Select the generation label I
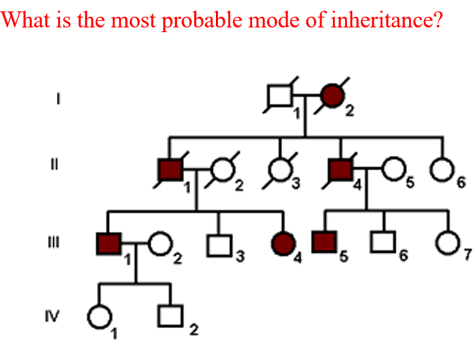tap(59, 99)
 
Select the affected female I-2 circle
tap(334, 97)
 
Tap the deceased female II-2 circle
tap(222, 172)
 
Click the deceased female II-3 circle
tap(279, 172)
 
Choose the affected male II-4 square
tap(340, 172)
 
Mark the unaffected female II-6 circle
tap(441, 172)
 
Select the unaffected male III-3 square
tap(217, 246)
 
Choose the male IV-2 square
tap(170, 314)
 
